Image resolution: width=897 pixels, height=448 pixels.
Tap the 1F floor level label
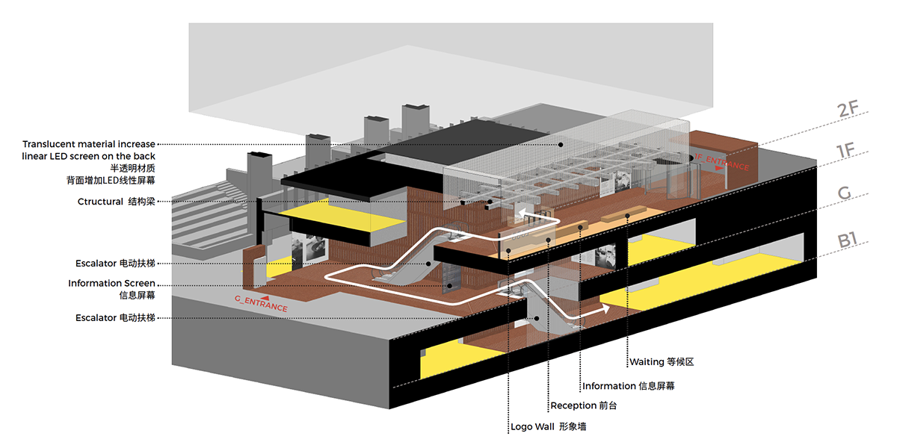(x=845, y=152)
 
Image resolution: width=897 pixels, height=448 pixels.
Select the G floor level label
(x=845, y=194)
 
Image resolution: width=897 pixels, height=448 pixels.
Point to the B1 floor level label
(x=847, y=240)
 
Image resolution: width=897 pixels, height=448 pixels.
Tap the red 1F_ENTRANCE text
(x=721, y=161)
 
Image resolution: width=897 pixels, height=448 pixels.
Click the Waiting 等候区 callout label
(x=662, y=362)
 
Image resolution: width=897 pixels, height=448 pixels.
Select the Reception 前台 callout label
(x=584, y=405)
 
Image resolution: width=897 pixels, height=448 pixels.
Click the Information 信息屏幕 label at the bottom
(x=629, y=386)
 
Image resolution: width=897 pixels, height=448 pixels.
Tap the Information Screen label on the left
(x=111, y=284)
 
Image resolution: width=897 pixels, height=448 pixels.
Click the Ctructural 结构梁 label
(x=116, y=202)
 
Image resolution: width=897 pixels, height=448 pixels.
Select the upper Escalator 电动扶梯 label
(x=115, y=264)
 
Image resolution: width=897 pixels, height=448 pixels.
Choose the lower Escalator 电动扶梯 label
(x=115, y=318)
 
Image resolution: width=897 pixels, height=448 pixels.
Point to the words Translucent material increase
(x=89, y=144)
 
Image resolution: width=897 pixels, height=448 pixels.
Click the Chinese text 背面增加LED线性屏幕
(x=110, y=180)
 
